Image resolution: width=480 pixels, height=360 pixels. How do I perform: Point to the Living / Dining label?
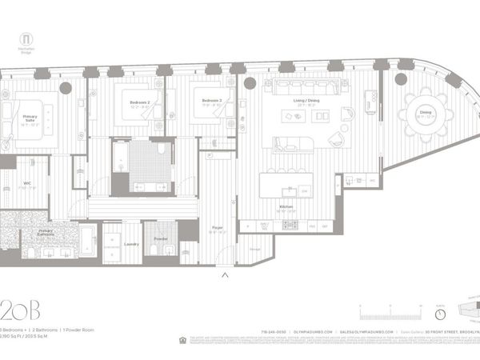(303, 103)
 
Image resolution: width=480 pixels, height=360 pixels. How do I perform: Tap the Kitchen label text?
(286, 207)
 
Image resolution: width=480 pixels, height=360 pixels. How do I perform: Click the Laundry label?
(132, 243)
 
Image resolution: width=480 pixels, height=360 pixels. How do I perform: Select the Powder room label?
(160, 238)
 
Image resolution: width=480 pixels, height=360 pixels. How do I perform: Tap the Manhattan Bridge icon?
(26, 40)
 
